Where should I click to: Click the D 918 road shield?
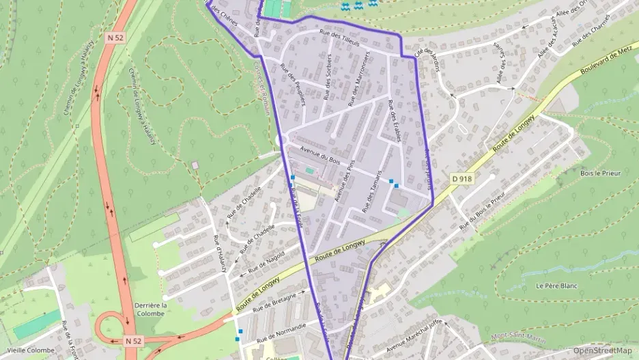click(462, 178)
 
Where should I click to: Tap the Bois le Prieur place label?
click(601, 174)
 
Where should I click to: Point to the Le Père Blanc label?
click(554, 286)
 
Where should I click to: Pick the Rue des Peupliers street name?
click(293, 84)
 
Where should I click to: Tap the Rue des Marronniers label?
click(359, 79)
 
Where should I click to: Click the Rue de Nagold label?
click(266, 261)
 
